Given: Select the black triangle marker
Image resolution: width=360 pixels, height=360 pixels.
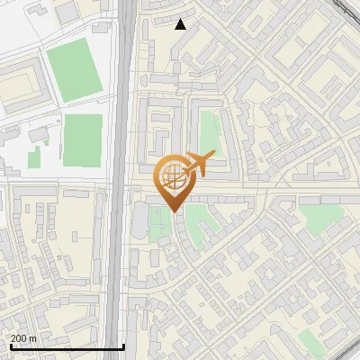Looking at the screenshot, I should click(x=181, y=24).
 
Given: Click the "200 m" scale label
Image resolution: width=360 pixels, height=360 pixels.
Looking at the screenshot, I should click(x=23, y=337).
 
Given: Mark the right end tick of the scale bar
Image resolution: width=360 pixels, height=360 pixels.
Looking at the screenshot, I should click(x=123, y=346).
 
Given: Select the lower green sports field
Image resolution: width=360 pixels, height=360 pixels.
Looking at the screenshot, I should click(x=82, y=139).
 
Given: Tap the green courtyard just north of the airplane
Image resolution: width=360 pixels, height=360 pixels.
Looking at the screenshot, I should click(x=209, y=130).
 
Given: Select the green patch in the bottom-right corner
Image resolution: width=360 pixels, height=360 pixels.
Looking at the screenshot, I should click(x=310, y=340).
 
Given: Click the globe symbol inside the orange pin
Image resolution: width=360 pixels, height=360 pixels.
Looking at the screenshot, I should click(x=172, y=175).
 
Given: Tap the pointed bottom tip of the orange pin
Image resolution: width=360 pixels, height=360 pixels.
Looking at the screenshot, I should click(x=172, y=211).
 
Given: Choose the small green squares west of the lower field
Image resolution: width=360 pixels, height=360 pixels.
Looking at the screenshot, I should click(x=35, y=157).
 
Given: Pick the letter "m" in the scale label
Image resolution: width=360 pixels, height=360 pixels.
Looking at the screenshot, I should click(x=33, y=337).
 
